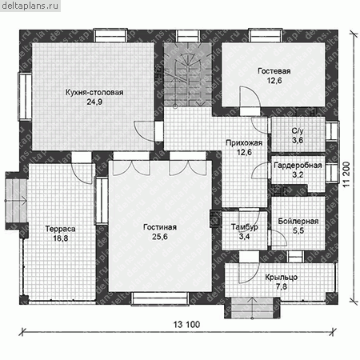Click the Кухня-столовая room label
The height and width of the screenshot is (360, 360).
tap(94, 93)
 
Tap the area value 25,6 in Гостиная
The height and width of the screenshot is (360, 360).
tap(160, 237)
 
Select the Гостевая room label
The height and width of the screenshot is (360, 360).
tap(274, 71)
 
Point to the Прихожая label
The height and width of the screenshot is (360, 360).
tap(244, 142)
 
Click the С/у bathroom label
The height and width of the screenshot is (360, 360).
tap(298, 131)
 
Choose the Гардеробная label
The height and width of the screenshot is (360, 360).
tap(298, 166)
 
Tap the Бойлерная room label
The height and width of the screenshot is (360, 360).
tap(298, 221)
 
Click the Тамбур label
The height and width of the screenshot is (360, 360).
tap(244, 227)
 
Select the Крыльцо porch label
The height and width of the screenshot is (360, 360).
tap(281, 278)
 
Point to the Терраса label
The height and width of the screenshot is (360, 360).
tap(60, 229)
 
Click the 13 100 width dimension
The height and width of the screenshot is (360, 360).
tap(186, 325)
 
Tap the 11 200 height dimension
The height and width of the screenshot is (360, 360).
tap(346, 174)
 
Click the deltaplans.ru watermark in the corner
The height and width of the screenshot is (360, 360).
tap(30, 6)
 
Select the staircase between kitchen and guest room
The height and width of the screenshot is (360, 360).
tap(188, 74)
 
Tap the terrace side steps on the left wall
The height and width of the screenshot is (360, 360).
tap(16, 201)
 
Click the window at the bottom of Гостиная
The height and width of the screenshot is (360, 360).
tap(160, 298)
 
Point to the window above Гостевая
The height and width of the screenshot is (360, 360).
tap(266, 36)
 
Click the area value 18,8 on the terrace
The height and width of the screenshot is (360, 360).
tap(61, 238)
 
